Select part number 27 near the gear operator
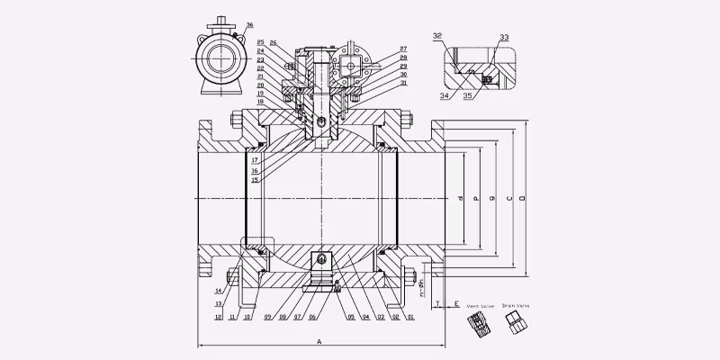pos(403,48)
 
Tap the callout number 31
pos(403,83)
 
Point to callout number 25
pos(261,42)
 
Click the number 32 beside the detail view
pos(437,36)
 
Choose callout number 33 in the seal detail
pos(503,38)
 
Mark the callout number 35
pos(468,92)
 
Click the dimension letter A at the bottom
pos(319,342)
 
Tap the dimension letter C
pos(508,194)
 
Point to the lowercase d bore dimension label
pos(460,196)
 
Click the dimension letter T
pos(436,304)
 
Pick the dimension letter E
pos(456,304)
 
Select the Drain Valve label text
pos(515,307)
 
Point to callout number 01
pos(410,317)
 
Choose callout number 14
pos(218,291)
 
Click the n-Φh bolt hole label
pos(420,287)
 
